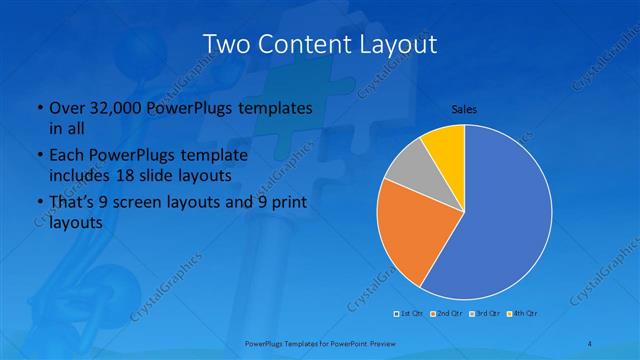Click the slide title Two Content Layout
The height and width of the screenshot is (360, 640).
click(319, 45)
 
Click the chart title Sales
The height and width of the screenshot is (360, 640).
click(463, 108)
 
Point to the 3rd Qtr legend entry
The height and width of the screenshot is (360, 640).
click(484, 313)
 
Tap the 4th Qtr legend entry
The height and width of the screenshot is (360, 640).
click(521, 313)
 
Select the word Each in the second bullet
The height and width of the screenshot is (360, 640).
click(66, 156)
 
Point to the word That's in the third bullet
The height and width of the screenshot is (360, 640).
click(72, 204)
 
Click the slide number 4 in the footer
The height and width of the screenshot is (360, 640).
click(590, 343)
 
